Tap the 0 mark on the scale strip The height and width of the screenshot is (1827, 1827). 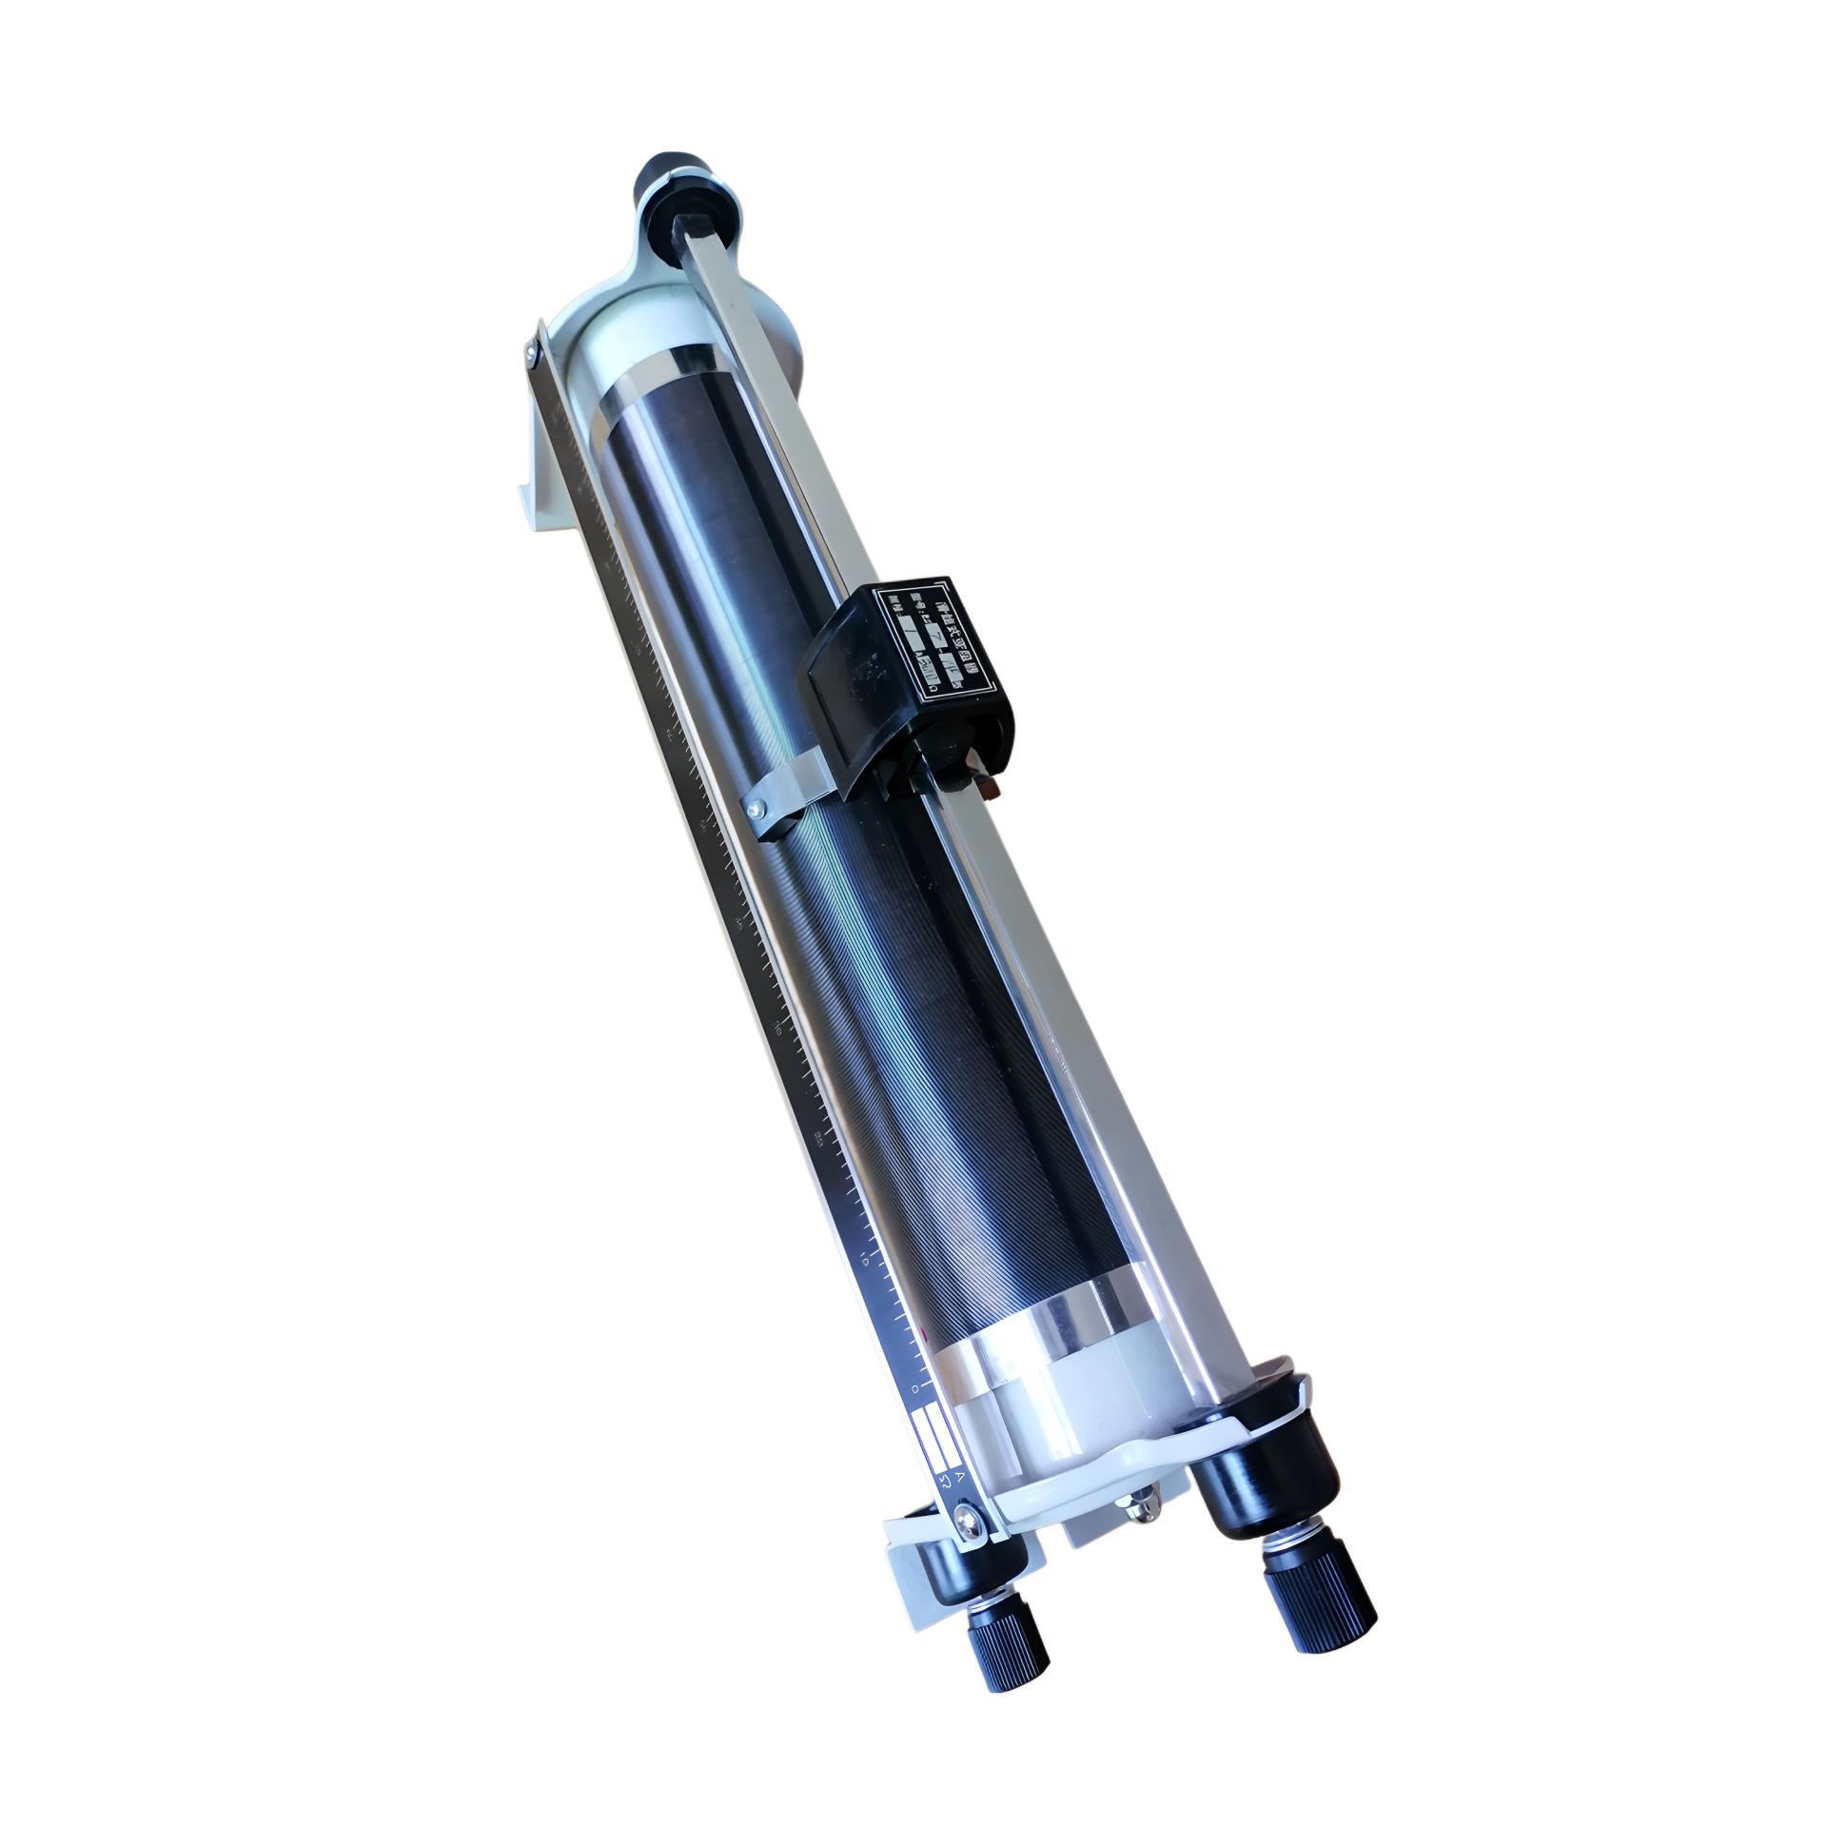[914, 1416]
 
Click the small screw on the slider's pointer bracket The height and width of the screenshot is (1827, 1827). [754, 810]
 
